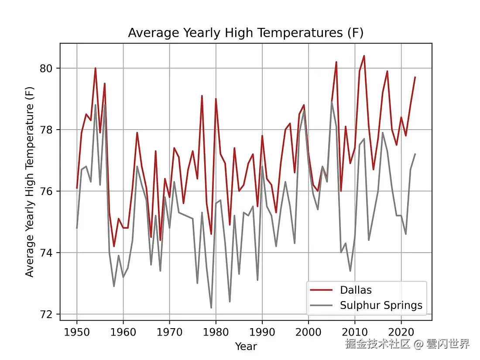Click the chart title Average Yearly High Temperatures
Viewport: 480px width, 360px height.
(x=246, y=33)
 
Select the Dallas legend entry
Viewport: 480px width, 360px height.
(x=356, y=290)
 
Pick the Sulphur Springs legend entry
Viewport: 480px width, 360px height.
(x=381, y=305)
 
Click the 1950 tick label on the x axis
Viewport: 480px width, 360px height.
(x=77, y=330)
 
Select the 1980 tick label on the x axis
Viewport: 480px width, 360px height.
(x=216, y=330)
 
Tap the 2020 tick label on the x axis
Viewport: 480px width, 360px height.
(x=401, y=330)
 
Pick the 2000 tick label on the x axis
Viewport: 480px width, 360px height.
(x=309, y=330)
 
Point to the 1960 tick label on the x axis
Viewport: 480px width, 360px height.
(x=123, y=330)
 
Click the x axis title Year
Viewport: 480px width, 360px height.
(x=246, y=346)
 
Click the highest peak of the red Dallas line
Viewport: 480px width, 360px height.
(x=364, y=56)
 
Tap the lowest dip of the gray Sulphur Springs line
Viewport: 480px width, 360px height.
(x=211, y=308)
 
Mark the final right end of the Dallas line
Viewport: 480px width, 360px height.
(x=415, y=77)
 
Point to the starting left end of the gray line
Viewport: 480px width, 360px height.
(x=77, y=228)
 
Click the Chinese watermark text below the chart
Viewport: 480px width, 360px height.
(x=407, y=344)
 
